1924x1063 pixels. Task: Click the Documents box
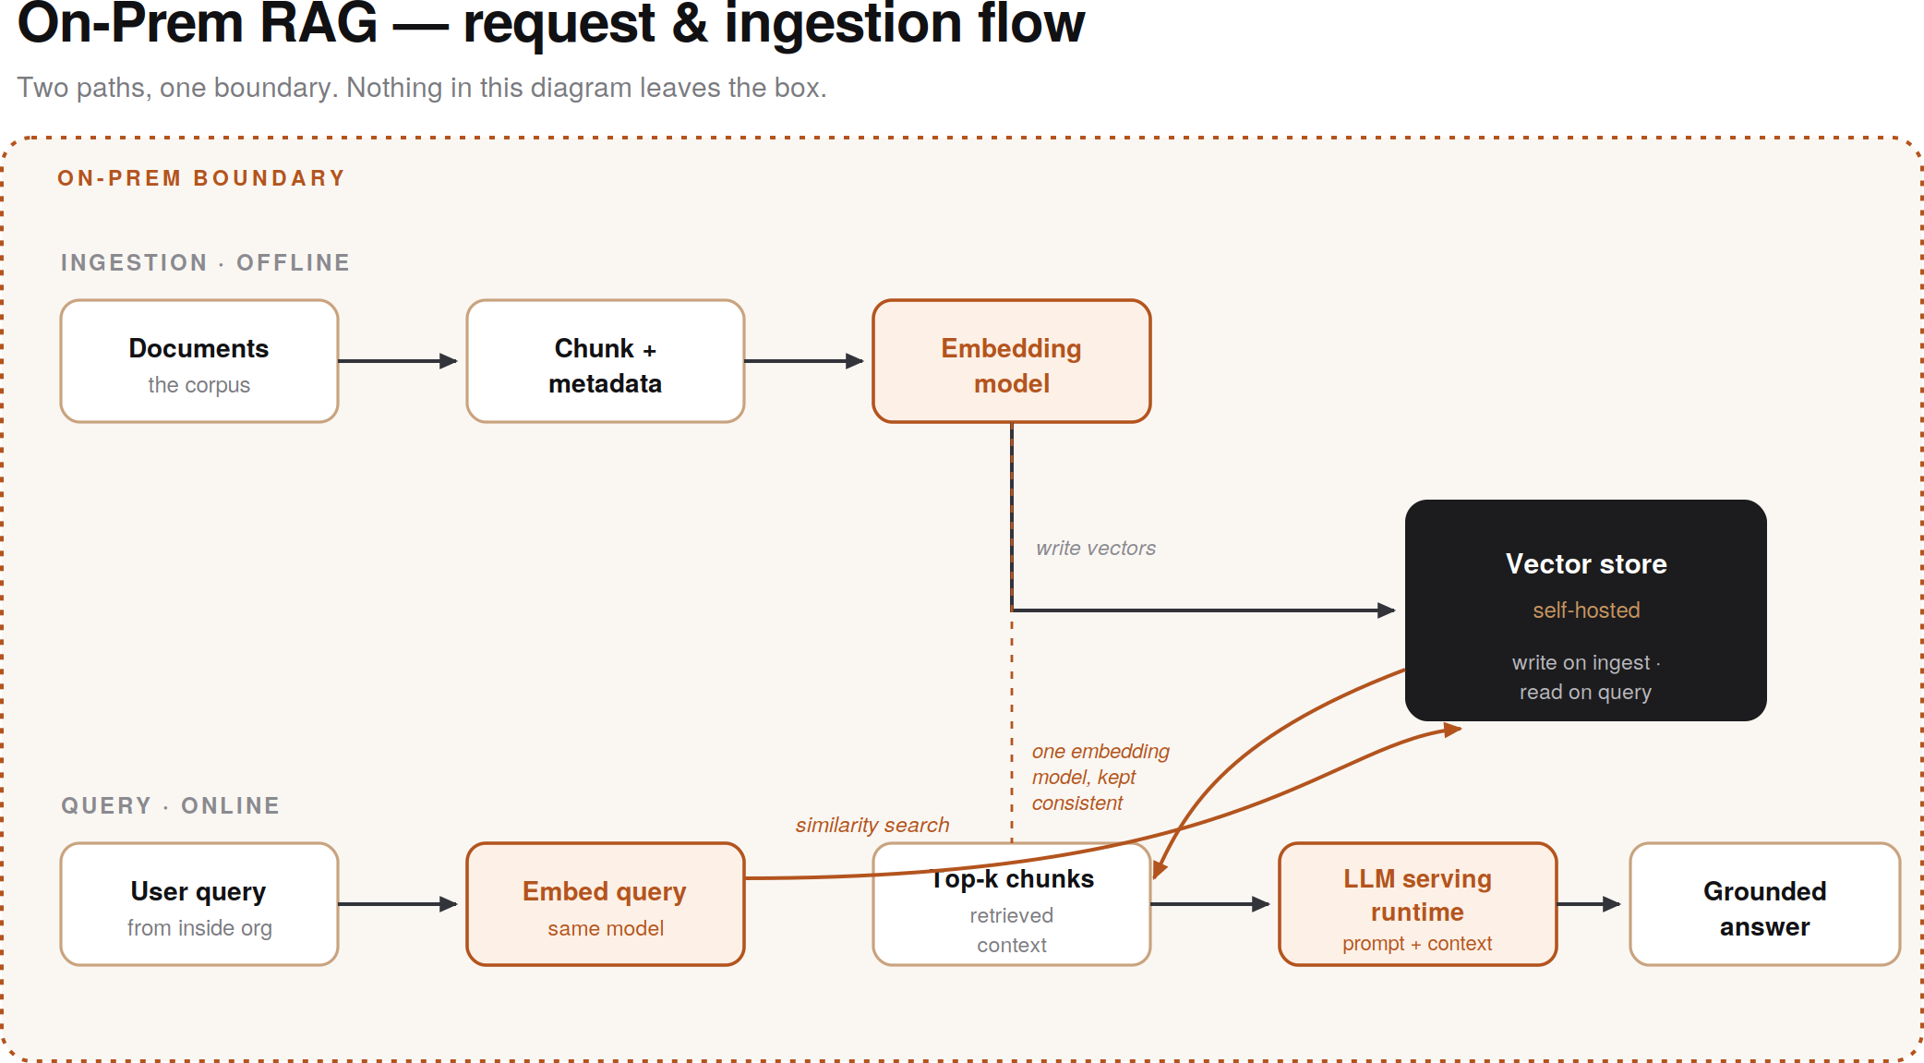pyautogui.click(x=199, y=361)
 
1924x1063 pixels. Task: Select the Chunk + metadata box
pyautogui.click(x=606, y=361)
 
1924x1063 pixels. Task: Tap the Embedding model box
pyautogui.click(x=1012, y=361)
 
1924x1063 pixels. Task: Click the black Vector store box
pyautogui.click(x=1585, y=610)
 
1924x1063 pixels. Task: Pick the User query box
pyautogui.click(x=199, y=904)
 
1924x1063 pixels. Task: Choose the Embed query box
pyautogui.click(x=606, y=904)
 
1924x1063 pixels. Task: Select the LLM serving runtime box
pyautogui.click(x=1418, y=904)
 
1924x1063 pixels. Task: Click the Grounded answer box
pyautogui.click(x=1765, y=904)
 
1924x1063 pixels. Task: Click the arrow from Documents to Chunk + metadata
pyautogui.click(x=398, y=361)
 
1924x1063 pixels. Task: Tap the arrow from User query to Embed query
pyautogui.click(x=398, y=904)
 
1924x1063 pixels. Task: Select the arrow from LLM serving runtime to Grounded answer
pyautogui.click(x=1589, y=904)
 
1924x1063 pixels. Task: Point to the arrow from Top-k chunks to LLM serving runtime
pyautogui.click(x=1210, y=904)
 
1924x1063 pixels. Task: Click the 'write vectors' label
pyautogui.click(x=1096, y=548)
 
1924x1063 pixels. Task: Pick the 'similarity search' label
pyautogui.click(x=872, y=825)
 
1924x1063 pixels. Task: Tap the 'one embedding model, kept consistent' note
pyautogui.click(x=1100, y=777)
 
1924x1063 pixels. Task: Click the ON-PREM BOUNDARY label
pyautogui.click(x=201, y=178)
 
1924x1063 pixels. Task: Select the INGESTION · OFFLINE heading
pyautogui.click(x=206, y=262)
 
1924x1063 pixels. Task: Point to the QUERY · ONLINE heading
pyautogui.click(x=171, y=805)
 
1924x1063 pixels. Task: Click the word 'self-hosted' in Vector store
pyautogui.click(x=1586, y=610)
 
